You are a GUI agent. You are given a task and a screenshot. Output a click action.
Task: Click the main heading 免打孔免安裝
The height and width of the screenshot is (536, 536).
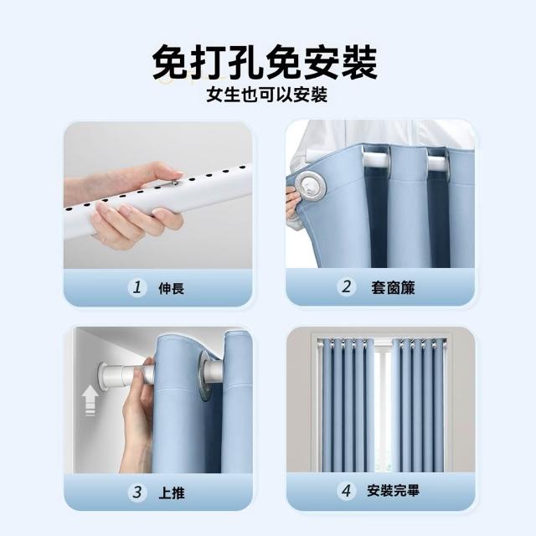coord(265,62)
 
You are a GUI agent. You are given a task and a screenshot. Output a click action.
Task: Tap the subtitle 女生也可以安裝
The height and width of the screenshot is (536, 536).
coord(267,95)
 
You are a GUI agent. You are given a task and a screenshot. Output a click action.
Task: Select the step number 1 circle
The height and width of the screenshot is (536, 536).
coord(137,287)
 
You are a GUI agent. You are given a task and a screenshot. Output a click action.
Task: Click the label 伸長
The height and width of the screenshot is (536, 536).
coord(171,288)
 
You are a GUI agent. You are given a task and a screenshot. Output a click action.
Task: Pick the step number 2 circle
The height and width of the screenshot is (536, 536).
coord(347,286)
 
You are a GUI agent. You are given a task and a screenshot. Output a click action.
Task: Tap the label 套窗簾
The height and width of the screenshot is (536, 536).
coord(393,287)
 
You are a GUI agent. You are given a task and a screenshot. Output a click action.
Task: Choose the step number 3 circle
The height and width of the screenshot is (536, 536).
coord(137,492)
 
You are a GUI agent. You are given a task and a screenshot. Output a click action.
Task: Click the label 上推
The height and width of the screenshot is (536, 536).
coord(171,493)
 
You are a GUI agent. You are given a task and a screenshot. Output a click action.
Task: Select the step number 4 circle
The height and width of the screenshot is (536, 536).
coord(346,491)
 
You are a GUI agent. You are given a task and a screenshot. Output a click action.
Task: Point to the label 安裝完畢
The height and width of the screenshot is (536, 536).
coord(393,491)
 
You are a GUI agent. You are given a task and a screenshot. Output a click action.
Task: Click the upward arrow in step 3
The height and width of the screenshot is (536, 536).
coord(90,400)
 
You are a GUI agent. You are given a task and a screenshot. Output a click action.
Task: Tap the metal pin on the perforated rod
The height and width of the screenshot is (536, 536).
coord(175,183)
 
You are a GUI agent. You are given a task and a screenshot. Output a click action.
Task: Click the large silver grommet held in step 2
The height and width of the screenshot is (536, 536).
coord(311,187)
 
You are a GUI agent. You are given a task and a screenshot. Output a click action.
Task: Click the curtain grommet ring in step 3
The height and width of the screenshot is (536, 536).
coord(204,376)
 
